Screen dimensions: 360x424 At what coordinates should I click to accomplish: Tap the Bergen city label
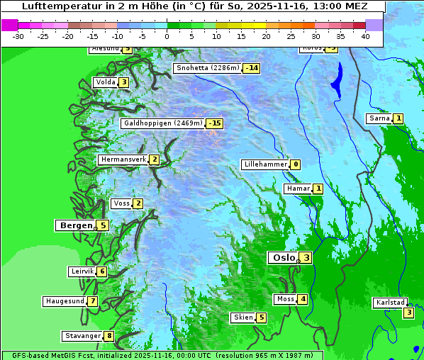[x=75, y=225]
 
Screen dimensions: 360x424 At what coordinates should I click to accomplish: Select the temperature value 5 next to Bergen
[x=103, y=225]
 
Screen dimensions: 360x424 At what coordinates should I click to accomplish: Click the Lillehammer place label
[x=264, y=164]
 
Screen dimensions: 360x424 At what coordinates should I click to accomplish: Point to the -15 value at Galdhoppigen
[x=214, y=123]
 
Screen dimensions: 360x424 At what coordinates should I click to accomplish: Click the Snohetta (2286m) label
[x=207, y=68]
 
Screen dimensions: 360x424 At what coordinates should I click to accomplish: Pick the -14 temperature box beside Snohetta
[x=251, y=68]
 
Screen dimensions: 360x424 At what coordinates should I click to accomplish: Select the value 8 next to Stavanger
[x=108, y=336]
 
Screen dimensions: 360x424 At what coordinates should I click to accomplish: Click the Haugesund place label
[x=65, y=301]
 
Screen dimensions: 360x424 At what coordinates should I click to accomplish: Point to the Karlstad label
[x=391, y=303]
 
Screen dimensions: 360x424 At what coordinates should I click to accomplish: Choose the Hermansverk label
[x=123, y=159]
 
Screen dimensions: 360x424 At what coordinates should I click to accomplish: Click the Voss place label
[x=121, y=203]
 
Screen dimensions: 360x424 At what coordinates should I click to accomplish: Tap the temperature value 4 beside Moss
[x=303, y=299]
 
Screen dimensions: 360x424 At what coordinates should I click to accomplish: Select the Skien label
[x=243, y=317]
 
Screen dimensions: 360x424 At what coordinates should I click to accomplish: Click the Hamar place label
[x=297, y=189]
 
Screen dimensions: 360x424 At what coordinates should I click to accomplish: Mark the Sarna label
[x=379, y=118]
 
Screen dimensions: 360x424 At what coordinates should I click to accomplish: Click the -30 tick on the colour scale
[x=18, y=36]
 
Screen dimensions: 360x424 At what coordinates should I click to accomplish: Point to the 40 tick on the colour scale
[x=364, y=36]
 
